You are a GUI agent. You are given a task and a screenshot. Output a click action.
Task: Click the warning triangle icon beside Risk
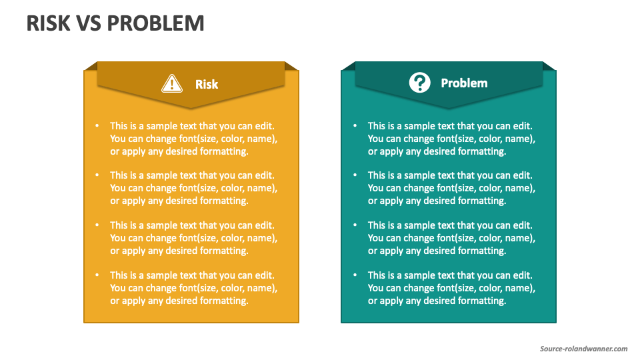point(172,83)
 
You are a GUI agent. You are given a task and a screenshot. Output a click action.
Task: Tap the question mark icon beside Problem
point(419,83)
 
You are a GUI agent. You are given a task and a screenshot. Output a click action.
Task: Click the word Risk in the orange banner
point(207,84)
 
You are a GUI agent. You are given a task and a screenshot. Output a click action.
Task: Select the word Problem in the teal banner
point(464,83)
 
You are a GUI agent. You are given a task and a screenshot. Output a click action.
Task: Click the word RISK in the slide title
point(49,23)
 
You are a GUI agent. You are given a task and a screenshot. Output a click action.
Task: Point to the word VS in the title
point(90,23)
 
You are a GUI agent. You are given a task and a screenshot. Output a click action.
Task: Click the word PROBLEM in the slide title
point(156,23)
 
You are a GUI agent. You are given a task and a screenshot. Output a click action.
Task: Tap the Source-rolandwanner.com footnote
point(583,349)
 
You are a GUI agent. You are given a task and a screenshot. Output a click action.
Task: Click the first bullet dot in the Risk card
point(97,125)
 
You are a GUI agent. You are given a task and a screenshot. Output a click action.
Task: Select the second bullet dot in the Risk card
point(97,175)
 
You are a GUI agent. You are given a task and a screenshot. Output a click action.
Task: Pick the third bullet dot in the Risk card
point(97,225)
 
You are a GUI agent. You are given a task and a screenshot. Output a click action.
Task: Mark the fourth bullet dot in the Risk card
point(97,275)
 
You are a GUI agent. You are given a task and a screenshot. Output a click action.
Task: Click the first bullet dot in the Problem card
point(355,125)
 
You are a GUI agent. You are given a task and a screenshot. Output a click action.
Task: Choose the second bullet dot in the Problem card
point(355,175)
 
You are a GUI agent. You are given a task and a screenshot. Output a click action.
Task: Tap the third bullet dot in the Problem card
point(355,225)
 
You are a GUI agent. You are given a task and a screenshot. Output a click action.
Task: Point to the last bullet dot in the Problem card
point(355,275)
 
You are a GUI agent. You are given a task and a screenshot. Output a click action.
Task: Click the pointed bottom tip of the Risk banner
point(191,107)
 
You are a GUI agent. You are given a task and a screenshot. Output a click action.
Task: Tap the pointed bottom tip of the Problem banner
point(449,107)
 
